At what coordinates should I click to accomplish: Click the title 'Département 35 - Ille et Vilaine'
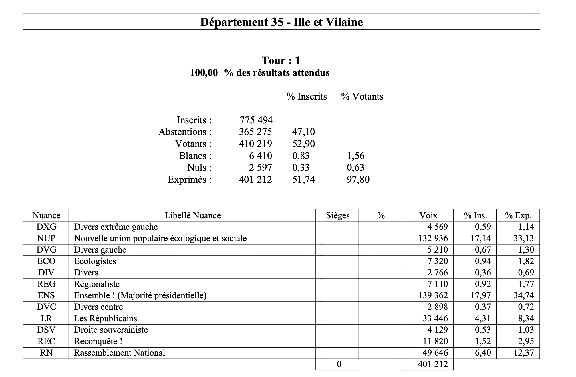click(x=281, y=22)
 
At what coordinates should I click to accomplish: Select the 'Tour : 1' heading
click(x=281, y=60)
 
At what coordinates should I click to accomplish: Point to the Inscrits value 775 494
click(x=256, y=120)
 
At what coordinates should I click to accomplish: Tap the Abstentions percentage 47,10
click(x=303, y=132)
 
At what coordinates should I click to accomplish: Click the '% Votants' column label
click(x=362, y=96)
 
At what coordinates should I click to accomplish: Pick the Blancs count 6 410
click(x=260, y=156)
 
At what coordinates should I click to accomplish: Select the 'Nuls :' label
click(x=199, y=168)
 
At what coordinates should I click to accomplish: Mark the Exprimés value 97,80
click(x=358, y=180)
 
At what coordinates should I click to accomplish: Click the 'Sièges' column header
click(x=337, y=215)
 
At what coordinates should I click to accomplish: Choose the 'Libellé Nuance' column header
click(x=192, y=215)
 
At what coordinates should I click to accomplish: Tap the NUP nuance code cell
click(x=46, y=238)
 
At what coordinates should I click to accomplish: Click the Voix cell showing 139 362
click(x=433, y=295)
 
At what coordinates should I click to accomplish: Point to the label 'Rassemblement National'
click(x=120, y=353)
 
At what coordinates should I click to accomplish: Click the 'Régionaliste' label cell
click(x=97, y=284)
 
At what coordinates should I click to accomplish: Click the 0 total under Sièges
click(x=339, y=364)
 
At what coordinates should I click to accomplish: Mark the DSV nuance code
click(x=46, y=330)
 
